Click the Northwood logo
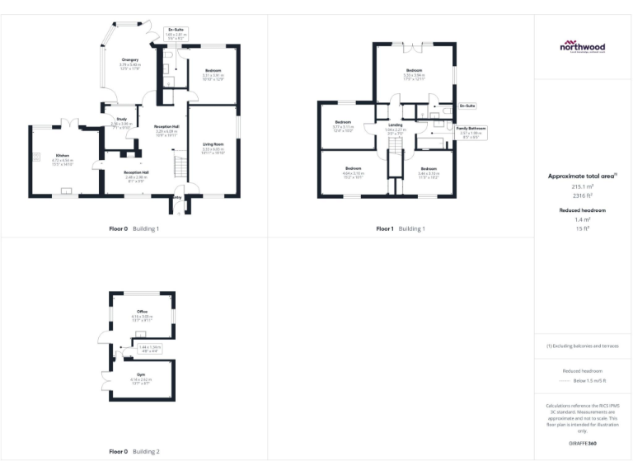click(x=583, y=47)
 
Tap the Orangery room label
click(x=130, y=59)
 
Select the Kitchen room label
click(x=63, y=155)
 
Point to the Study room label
click(x=121, y=120)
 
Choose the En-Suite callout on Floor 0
click(x=175, y=30)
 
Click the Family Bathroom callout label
click(x=471, y=129)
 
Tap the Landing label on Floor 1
click(x=395, y=125)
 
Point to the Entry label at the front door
click(x=177, y=197)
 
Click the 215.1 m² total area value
click(x=582, y=187)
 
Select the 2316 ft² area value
click(x=582, y=195)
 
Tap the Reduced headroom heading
click(x=583, y=211)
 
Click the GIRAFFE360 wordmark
click(x=582, y=444)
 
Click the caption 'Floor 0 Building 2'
click(x=134, y=452)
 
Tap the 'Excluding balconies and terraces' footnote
click(x=583, y=346)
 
